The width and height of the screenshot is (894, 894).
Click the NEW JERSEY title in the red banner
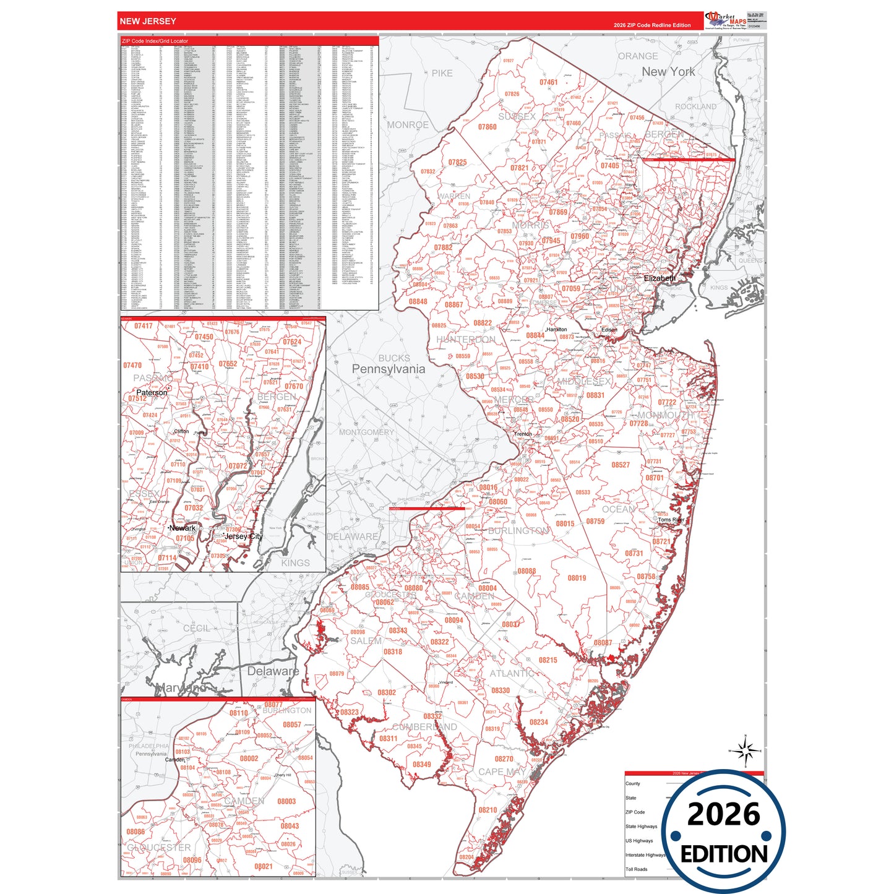tap(148, 21)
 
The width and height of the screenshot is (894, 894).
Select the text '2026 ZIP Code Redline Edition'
tap(652, 25)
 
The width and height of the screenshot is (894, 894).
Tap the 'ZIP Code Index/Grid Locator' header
tap(155, 41)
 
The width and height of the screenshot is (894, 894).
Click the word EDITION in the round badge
tap(724, 854)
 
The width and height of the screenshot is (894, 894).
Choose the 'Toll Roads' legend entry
tap(636, 869)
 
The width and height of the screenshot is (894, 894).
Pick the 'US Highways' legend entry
tap(639, 841)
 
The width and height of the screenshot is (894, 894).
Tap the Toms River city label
tap(671, 520)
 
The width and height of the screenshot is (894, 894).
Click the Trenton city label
tap(523, 434)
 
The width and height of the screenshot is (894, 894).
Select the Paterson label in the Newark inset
tap(152, 392)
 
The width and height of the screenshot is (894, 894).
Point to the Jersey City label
tap(244, 536)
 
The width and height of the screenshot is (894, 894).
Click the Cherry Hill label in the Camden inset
tap(283, 775)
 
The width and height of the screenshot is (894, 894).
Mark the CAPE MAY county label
tap(502, 772)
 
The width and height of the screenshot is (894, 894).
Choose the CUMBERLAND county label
tap(424, 727)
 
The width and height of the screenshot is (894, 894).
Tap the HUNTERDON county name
tap(466, 340)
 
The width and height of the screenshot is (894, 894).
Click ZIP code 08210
tap(488, 810)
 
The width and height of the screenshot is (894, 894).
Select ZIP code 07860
tap(488, 127)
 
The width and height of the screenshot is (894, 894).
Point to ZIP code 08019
tap(577, 578)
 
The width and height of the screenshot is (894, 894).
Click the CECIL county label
tap(197, 628)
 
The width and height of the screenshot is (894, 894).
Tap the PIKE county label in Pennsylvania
tap(442, 73)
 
